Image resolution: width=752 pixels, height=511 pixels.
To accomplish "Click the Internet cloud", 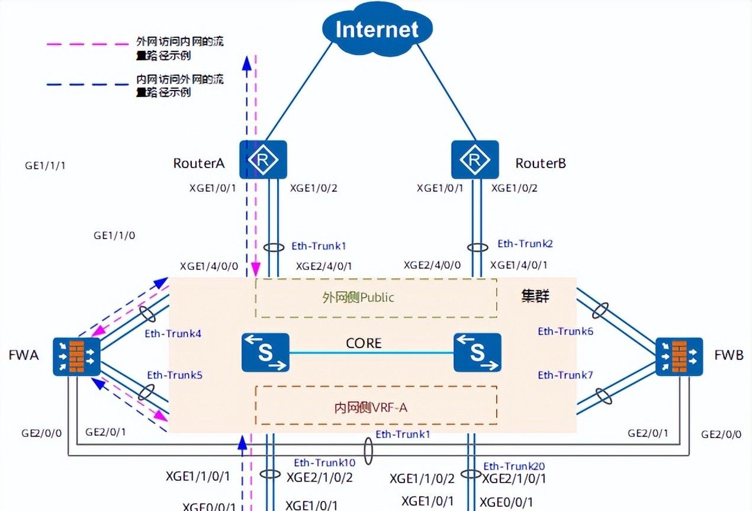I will (x=378, y=30).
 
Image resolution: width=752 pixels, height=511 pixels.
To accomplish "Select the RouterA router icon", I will (x=263, y=159).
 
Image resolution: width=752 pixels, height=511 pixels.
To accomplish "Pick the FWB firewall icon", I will (x=679, y=356).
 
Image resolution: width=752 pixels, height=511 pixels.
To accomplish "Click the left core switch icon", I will (x=265, y=352).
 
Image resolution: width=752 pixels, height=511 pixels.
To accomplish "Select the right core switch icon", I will (x=477, y=352).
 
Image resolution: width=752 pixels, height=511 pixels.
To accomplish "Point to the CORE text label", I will (x=364, y=343).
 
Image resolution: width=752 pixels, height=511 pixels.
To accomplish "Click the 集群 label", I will (x=534, y=296).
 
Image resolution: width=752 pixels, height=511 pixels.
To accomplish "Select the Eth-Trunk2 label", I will (x=525, y=243).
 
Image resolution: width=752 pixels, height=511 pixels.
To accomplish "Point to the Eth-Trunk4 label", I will (x=173, y=333).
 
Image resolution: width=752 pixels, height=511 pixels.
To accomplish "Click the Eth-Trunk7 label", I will (x=565, y=375).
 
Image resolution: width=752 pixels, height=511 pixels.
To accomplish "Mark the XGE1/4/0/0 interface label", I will (x=209, y=266).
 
